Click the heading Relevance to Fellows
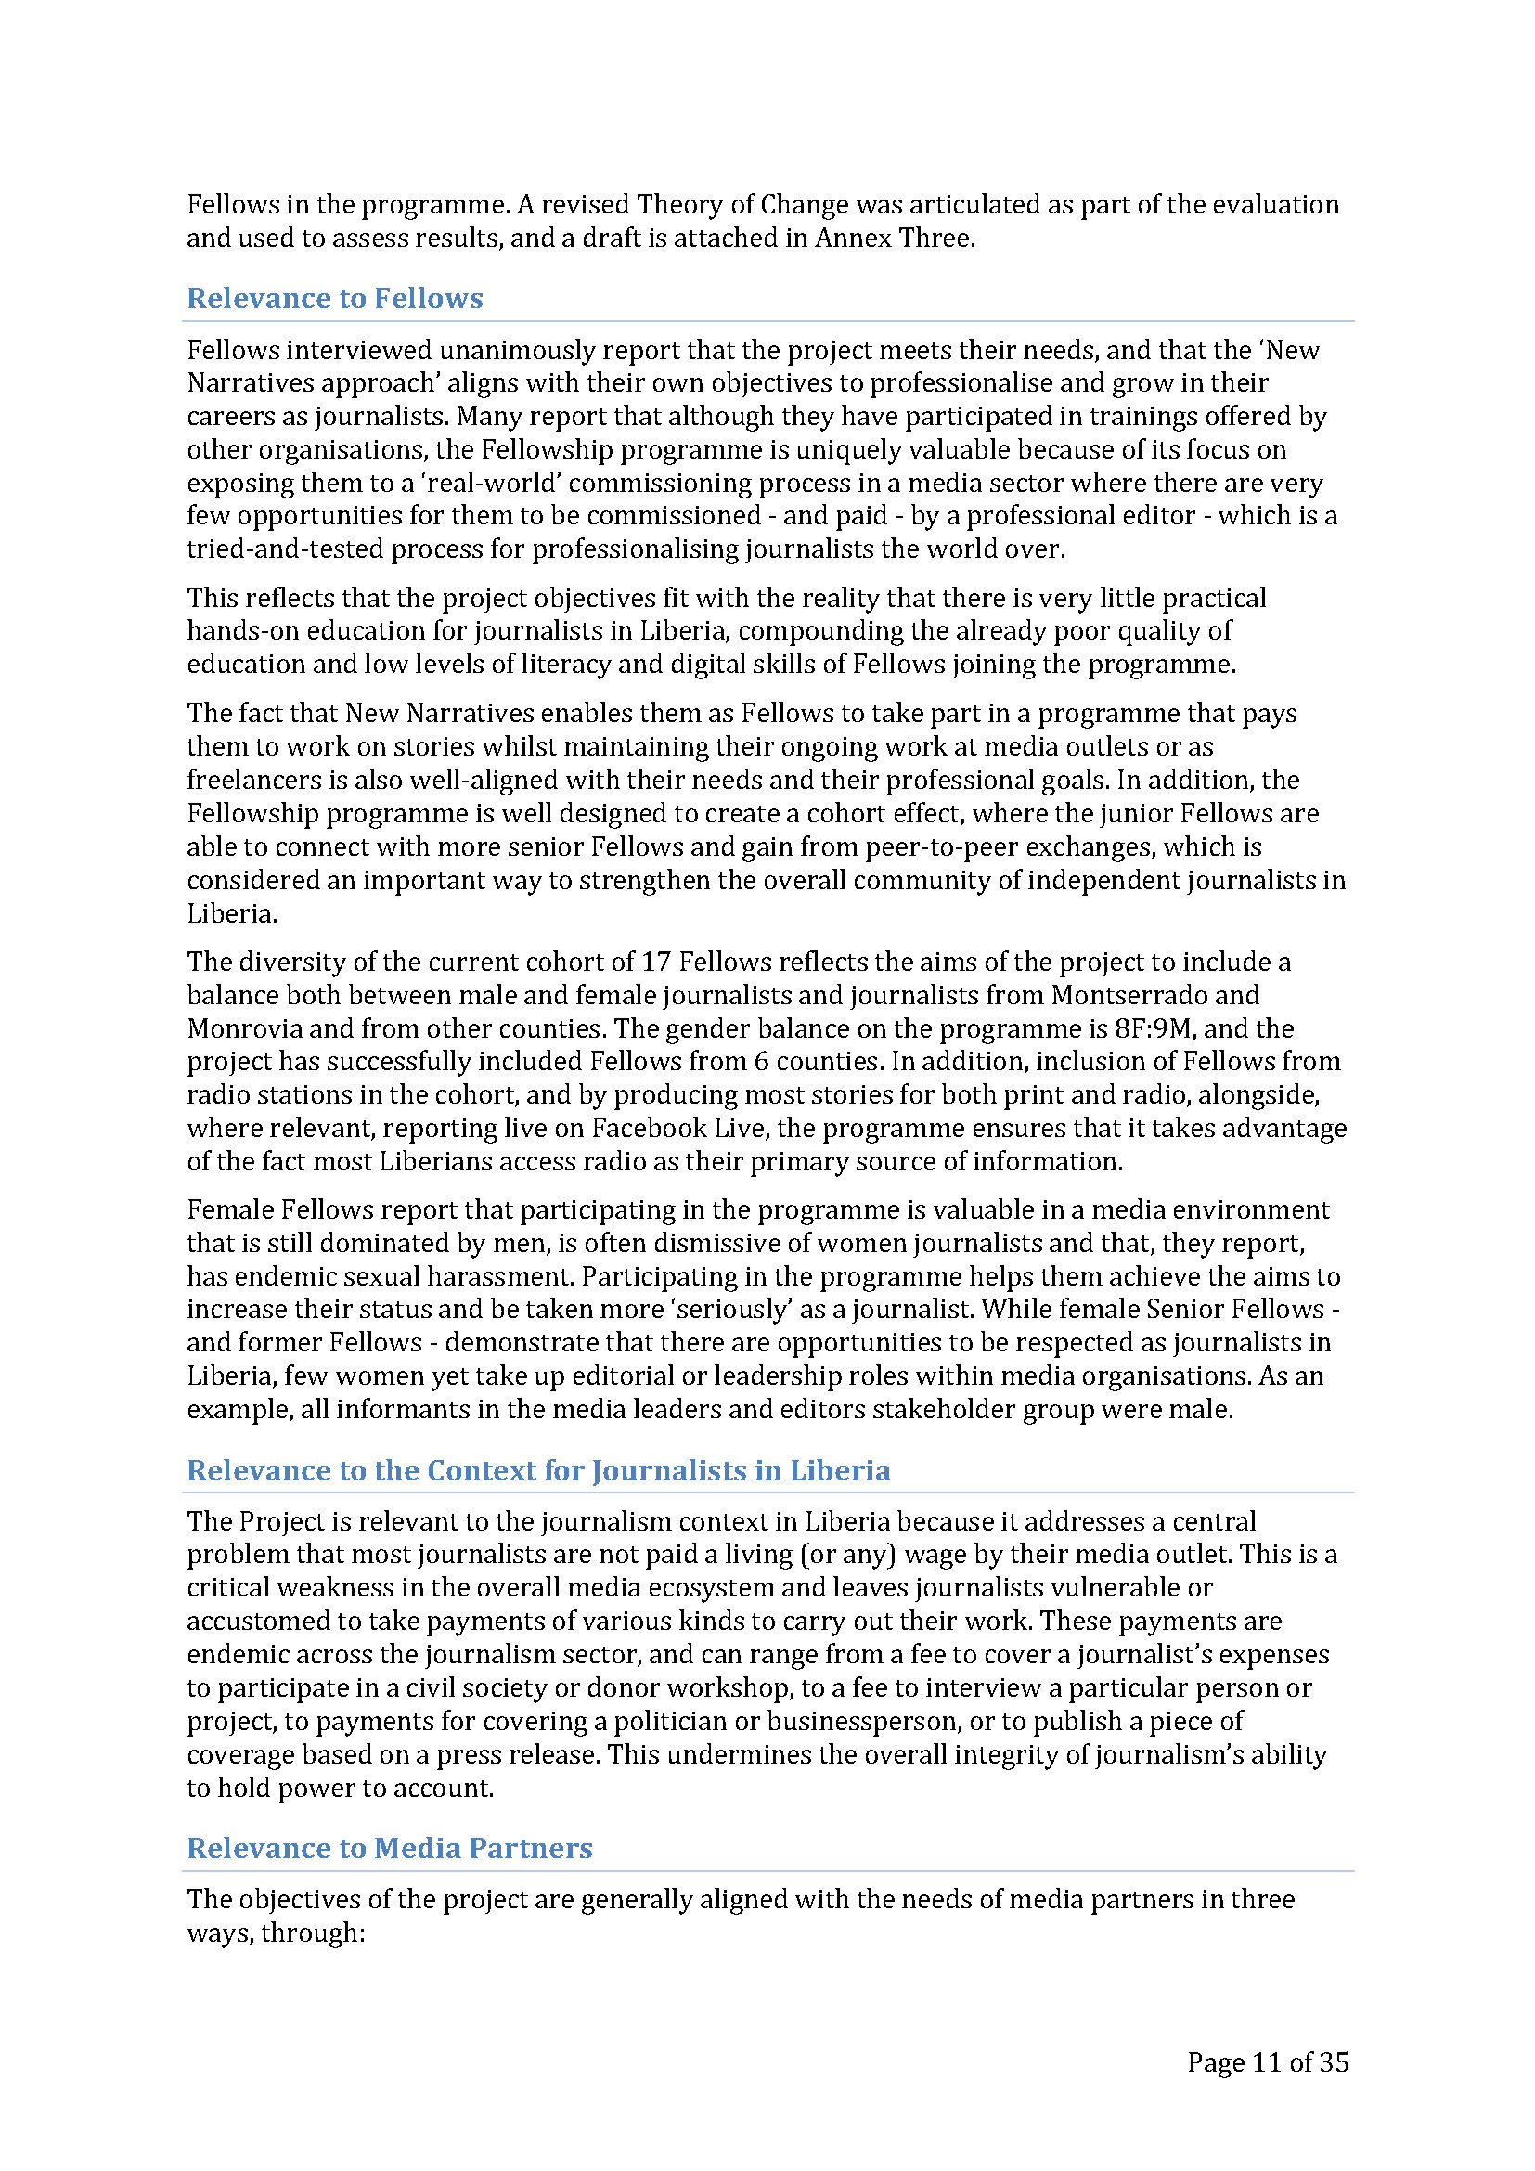click(x=335, y=298)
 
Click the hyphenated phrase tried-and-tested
click(x=285, y=549)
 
